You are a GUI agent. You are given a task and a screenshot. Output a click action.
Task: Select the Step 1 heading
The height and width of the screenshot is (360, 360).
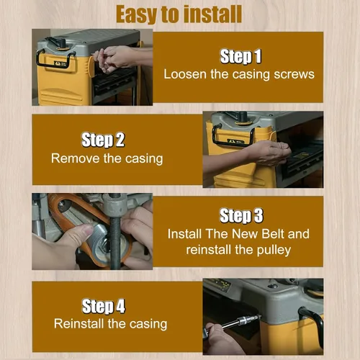pyautogui.click(x=240, y=57)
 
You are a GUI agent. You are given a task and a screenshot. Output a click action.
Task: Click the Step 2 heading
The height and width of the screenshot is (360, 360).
pyautogui.click(x=103, y=140)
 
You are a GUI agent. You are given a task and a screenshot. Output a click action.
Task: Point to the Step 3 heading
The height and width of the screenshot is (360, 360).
pyautogui.click(x=241, y=215)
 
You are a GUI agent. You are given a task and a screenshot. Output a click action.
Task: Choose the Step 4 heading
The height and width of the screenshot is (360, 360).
pyautogui.click(x=104, y=306)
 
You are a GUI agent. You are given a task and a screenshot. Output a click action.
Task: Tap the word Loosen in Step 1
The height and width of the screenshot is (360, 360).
pyautogui.click(x=186, y=74)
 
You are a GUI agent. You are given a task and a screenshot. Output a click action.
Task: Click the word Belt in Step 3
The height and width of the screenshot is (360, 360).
pyautogui.click(x=273, y=234)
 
